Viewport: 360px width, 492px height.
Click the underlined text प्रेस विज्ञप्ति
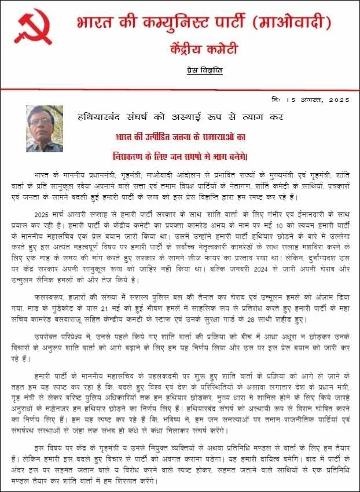click(x=205, y=70)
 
